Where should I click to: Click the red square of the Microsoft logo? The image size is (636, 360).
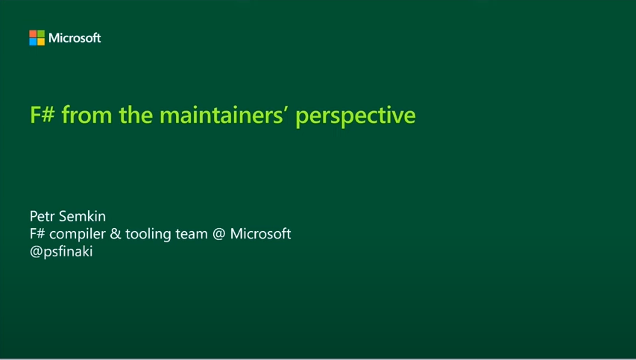(33, 34)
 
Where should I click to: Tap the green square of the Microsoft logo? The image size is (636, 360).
(41, 34)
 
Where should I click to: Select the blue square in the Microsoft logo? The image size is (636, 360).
(33, 42)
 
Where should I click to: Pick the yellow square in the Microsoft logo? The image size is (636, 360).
(41, 42)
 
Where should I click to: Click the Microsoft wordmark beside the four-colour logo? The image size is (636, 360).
(75, 38)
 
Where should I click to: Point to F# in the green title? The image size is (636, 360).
(42, 114)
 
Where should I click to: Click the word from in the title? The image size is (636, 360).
(86, 114)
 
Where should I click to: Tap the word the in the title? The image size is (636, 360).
(136, 114)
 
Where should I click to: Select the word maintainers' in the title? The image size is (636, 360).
(224, 114)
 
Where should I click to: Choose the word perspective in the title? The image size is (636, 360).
(356, 116)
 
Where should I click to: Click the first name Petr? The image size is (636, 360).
(42, 216)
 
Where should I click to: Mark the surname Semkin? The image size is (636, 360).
(82, 216)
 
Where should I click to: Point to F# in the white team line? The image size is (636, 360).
(37, 234)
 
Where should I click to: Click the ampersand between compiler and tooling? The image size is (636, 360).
(116, 234)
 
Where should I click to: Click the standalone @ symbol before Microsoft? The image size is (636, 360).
(219, 234)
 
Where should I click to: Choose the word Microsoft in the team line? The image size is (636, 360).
(260, 234)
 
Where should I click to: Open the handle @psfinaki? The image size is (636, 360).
(61, 252)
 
